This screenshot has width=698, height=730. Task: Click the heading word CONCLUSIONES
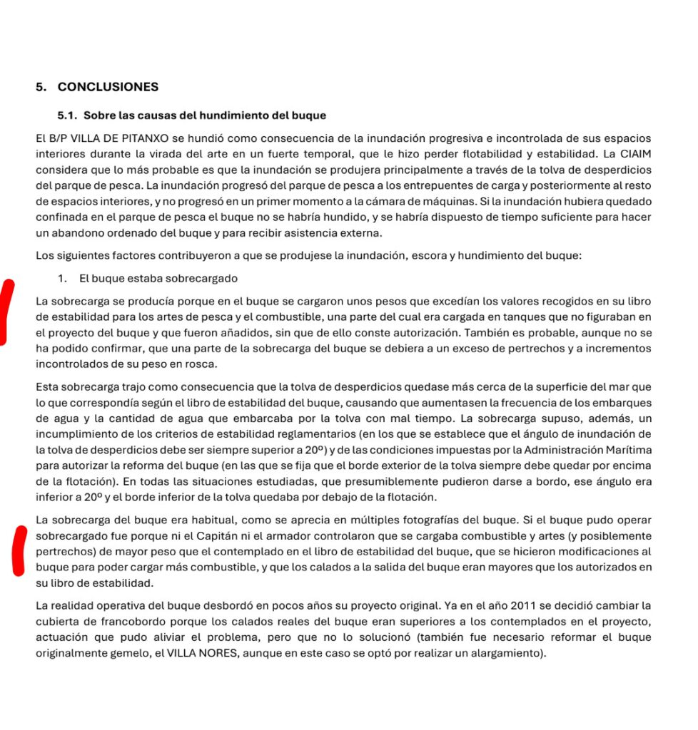click(108, 88)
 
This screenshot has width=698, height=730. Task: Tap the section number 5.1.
click(69, 115)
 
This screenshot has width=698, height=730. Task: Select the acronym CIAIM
click(635, 153)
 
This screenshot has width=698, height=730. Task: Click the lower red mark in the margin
click(19, 550)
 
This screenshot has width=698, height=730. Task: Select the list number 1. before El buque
click(63, 278)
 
